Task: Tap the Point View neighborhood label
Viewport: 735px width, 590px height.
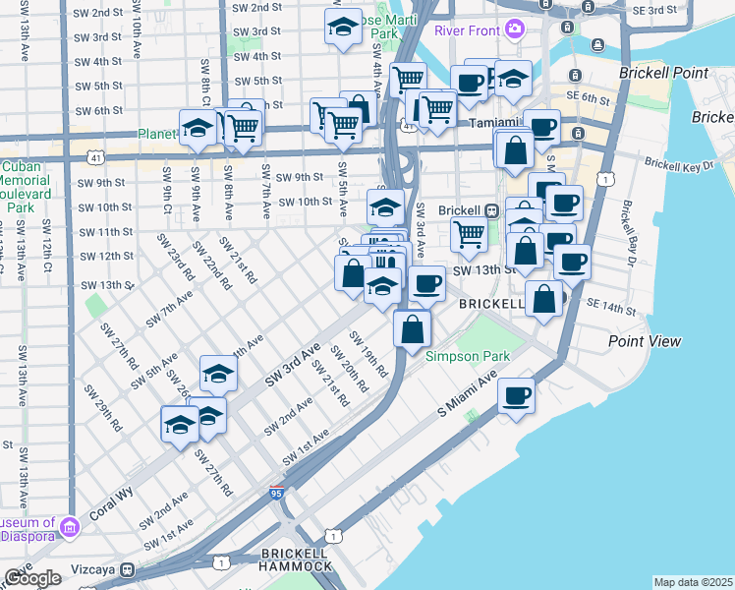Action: pos(644,341)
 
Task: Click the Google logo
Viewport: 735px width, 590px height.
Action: pos(32,578)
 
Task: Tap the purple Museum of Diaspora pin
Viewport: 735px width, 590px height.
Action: pos(69,528)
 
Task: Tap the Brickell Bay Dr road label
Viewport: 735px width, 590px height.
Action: pos(629,226)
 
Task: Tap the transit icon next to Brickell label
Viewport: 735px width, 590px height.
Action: pos(490,210)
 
